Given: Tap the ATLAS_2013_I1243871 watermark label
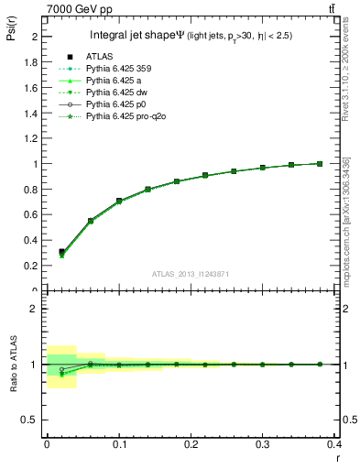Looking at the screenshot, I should coord(191,274).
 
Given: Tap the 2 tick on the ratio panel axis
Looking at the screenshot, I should coord(36,309).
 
